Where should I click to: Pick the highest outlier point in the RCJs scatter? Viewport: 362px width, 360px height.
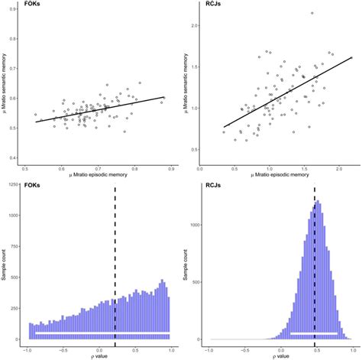pyautogui.click(x=312, y=13)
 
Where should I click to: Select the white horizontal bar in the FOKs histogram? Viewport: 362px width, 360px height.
pyautogui.click(x=99, y=333)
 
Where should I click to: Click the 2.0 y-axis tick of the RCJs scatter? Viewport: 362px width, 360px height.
pyautogui.click(x=195, y=26)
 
